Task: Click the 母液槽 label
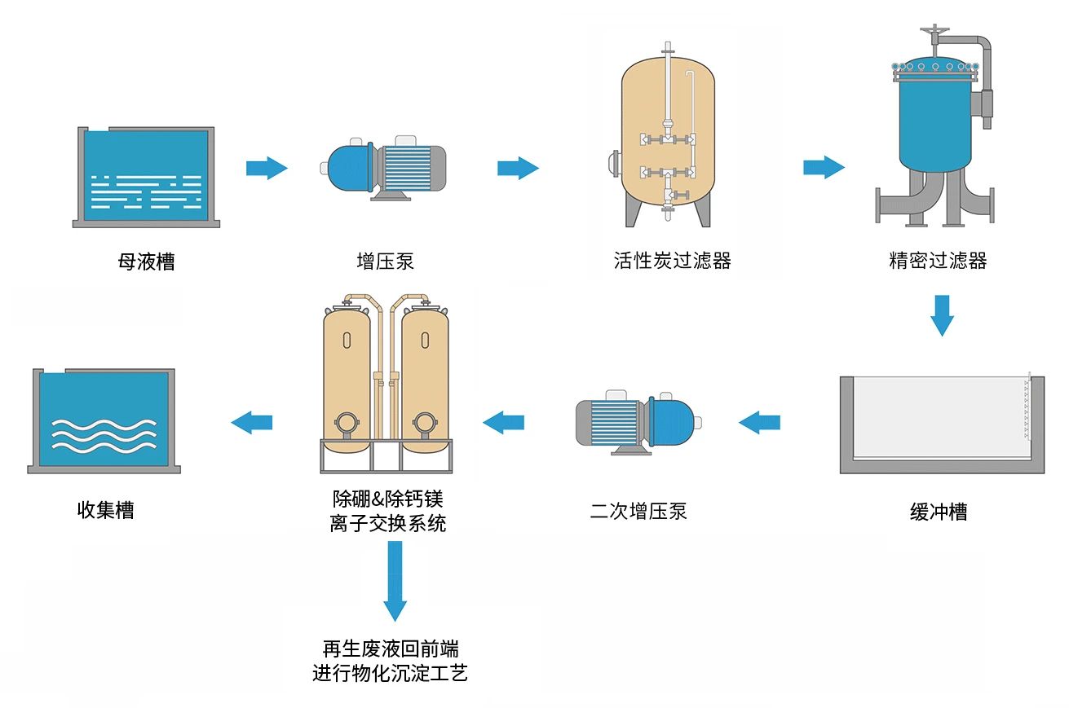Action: point(146,262)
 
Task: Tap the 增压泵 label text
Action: point(386,262)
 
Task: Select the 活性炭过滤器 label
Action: point(672,261)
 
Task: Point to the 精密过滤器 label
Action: point(938,261)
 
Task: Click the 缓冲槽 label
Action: point(939,512)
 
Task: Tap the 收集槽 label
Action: point(105,510)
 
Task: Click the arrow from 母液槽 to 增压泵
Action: point(267,169)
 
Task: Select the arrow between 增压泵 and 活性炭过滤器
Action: point(518,169)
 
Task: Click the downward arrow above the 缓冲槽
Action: point(942,315)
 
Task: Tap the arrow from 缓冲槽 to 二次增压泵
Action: point(759,422)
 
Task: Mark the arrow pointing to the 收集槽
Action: point(251,422)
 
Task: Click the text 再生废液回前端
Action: point(390,649)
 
